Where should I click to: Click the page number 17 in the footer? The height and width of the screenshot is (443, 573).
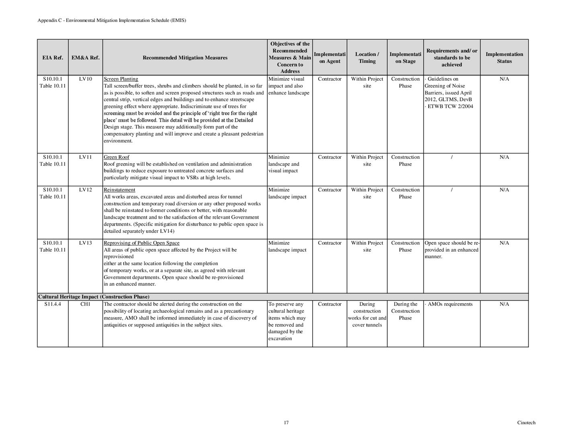286,422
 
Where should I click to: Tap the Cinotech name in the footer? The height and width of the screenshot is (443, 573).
526,422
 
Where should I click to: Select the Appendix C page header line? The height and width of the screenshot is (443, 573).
112,20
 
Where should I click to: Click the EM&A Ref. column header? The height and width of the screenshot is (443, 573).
86,57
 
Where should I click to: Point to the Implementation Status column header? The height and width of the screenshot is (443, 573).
504,57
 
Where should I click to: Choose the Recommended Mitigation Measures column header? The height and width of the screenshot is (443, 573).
185,57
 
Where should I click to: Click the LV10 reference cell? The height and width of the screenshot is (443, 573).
86,79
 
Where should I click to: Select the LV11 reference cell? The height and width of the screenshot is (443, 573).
86,157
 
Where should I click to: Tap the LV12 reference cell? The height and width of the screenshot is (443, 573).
86,190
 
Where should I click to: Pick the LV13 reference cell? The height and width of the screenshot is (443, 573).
86,243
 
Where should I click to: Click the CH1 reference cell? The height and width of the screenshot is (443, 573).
85,304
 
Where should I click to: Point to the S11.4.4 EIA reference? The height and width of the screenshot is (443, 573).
53,304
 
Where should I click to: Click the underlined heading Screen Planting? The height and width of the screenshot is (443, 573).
121,79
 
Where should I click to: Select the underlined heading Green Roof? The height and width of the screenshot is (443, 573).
117,157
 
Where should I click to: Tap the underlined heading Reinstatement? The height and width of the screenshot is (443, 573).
119,190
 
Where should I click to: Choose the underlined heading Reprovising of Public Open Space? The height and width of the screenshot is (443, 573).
141,243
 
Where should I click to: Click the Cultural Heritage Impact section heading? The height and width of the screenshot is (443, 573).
94,297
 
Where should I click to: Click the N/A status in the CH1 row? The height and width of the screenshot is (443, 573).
504,304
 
